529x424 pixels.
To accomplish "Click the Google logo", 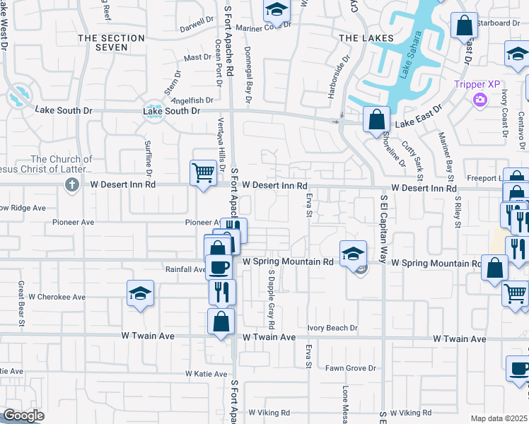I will click(24, 416).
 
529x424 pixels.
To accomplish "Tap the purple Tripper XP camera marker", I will click(480, 100).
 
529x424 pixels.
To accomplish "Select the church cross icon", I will click(71, 185).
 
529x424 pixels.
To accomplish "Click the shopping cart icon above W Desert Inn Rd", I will click(203, 172).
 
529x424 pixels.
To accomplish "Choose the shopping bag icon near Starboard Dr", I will click(465, 26).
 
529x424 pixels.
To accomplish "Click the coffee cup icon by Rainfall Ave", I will click(219, 267).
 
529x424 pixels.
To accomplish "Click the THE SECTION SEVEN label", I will click(103, 42).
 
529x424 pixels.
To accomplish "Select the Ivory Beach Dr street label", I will click(333, 328).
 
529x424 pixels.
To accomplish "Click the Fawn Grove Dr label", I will click(350, 368).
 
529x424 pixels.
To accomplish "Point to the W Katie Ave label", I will click(206, 373).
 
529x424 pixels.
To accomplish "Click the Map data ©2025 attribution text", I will click(499, 418).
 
